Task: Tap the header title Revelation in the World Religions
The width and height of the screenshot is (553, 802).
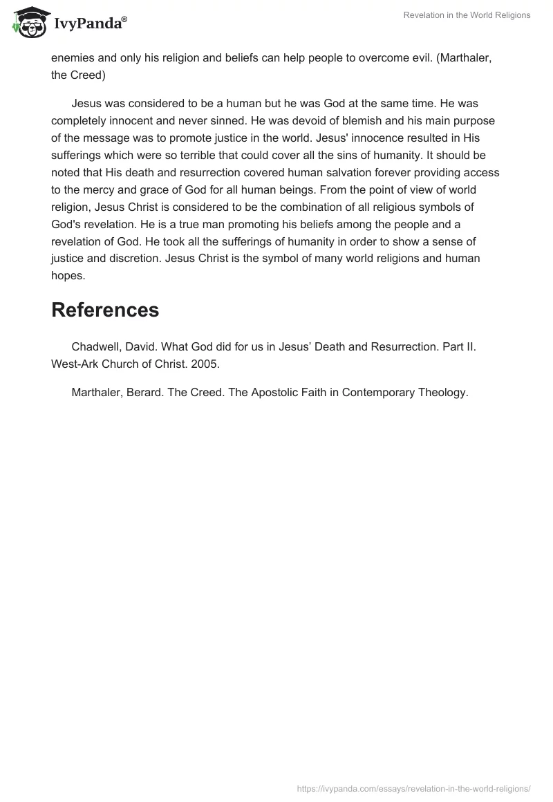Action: click(468, 15)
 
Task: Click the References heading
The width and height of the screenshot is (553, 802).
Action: click(105, 310)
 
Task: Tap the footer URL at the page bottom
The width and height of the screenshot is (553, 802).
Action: click(413, 787)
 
